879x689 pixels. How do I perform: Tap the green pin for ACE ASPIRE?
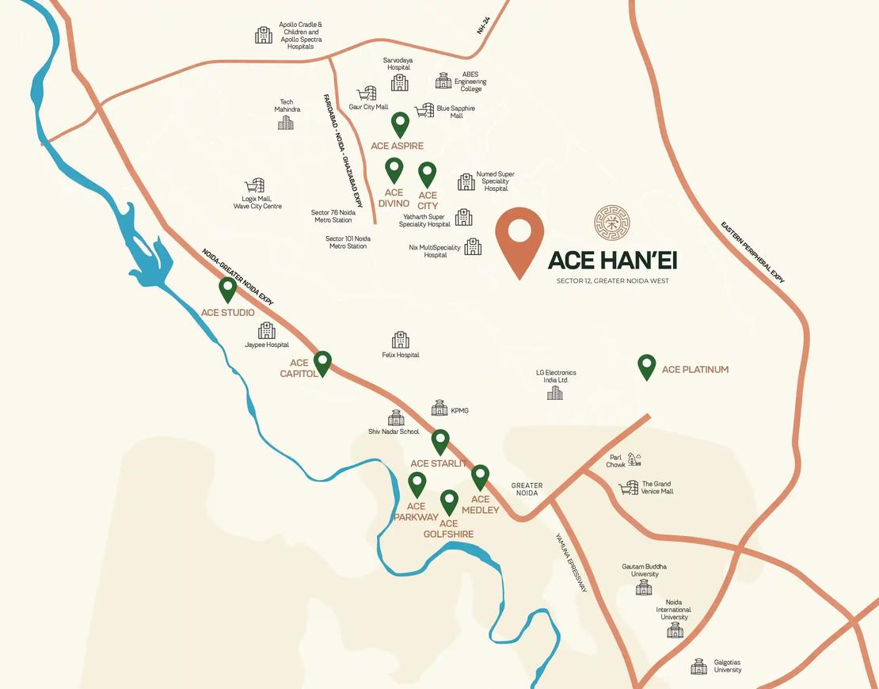pyautogui.click(x=401, y=125)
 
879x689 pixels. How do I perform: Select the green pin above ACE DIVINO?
pyautogui.click(x=394, y=170)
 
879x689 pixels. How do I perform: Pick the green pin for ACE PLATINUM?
pyautogui.click(x=647, y=367)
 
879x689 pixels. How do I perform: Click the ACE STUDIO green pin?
pyautogui.click(x=228, y=289)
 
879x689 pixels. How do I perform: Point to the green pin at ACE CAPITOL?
pyautogui.click(x=322, y=364)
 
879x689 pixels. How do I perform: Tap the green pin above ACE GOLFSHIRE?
pyautogui.click(x=449, y=502)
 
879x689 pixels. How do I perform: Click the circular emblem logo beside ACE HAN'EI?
pyautogui.click(x=612, y=223)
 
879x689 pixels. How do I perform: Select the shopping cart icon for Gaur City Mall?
pyautogui.click(x=366, y=94)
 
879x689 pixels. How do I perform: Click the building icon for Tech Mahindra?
pyautogui.click(x=285, y=122)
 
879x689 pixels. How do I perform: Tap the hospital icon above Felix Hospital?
pyautogui.click(x=400, y=340)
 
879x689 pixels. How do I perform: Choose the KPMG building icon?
pyautogui.click(x=439, y=408)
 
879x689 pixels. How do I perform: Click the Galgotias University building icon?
pyautogui.click(x=698, y=667)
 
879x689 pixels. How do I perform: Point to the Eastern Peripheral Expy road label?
pyautogui.click(x=752, y=252)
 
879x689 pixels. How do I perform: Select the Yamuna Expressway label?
pyautogui.click(x=570, y=561)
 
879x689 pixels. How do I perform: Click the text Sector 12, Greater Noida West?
pyautogui.click(x=612, y=281)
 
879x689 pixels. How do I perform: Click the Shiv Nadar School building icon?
pyautogui.click(x=396, y=418)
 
